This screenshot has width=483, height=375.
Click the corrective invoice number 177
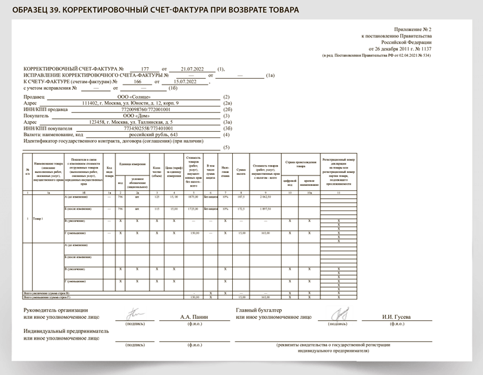(144, 68)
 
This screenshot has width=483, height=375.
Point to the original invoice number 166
(137, 82)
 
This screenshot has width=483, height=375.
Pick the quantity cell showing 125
(157, 197)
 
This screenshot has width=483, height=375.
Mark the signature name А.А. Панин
(195, 317)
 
